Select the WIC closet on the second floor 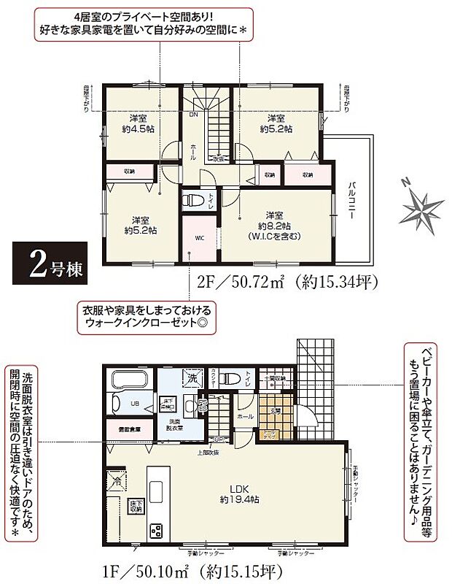click(199, 237)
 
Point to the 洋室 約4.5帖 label click(139, 123)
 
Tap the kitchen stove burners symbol click(157, 531)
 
